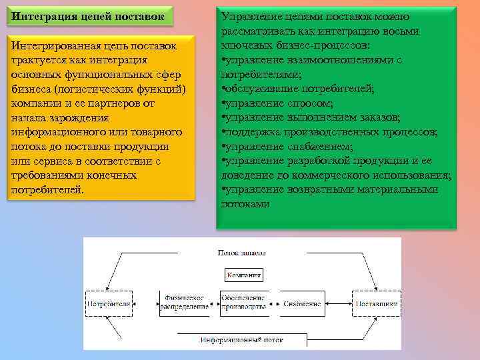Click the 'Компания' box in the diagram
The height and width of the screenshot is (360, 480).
click(244, 275)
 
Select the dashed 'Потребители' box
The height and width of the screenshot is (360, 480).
click(109, 304)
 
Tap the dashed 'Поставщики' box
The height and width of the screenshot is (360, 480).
click(376, 304)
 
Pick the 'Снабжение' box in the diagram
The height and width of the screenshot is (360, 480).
click(301, 304)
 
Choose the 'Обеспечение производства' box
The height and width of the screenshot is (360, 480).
click(243, 303)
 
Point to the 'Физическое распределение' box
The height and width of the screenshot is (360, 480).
click(183, 303)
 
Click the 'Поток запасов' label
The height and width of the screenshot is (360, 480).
click(242, 253)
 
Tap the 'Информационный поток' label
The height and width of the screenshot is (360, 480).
click(242, 340)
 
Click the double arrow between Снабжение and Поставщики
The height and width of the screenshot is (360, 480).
click(339, 304)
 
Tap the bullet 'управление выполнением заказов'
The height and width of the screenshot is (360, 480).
click(311, 117)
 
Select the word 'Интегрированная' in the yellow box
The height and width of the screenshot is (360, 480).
click(55, 46)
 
